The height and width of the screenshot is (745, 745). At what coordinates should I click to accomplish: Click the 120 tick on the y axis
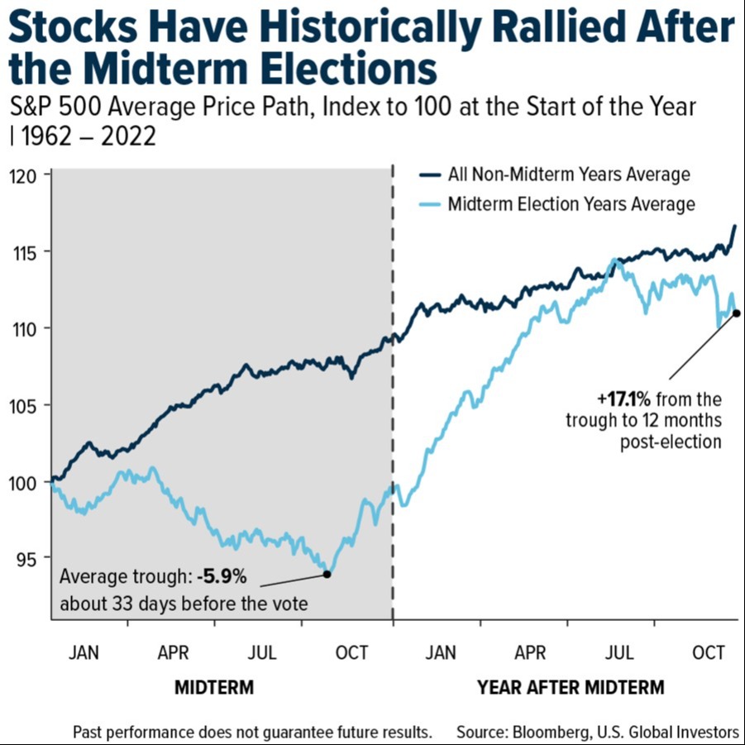(23, 176)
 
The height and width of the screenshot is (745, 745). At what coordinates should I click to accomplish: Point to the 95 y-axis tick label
(26, 560)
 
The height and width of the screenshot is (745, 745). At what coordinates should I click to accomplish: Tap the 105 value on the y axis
(23, 406)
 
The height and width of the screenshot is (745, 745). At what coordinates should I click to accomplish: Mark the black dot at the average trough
(327, 575)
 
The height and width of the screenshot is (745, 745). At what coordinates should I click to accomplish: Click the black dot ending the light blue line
(737, 313)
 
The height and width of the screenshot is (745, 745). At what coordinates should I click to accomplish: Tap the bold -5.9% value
(222, 576)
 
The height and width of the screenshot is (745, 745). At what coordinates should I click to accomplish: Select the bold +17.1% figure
(623, 399)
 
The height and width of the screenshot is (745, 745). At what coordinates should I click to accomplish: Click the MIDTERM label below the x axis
(214, 687)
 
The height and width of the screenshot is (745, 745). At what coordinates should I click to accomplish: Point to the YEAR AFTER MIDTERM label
(571, 687)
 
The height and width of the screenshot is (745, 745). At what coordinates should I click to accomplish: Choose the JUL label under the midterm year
(262, 653)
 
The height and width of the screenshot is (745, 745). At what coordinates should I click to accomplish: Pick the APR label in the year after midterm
(530, 653)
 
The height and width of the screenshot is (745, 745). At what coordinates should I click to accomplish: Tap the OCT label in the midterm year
(351, 653)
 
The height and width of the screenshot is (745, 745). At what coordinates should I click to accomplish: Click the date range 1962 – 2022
(88, 136)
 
